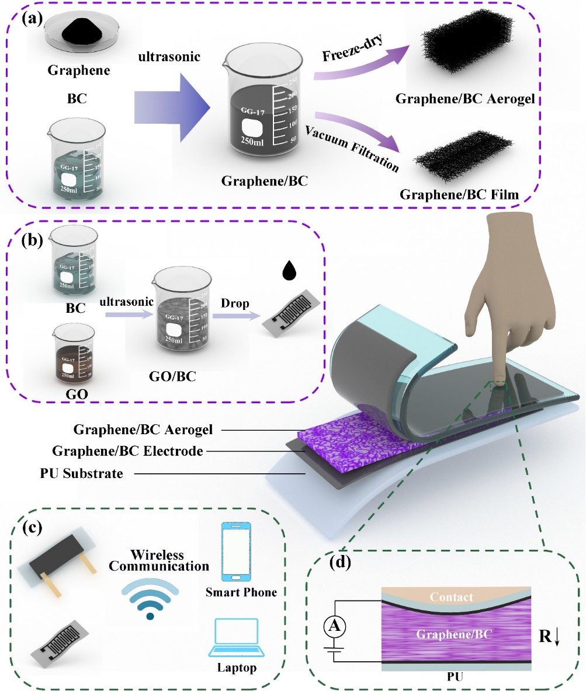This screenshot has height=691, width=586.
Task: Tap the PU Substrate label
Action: coord(88,473)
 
